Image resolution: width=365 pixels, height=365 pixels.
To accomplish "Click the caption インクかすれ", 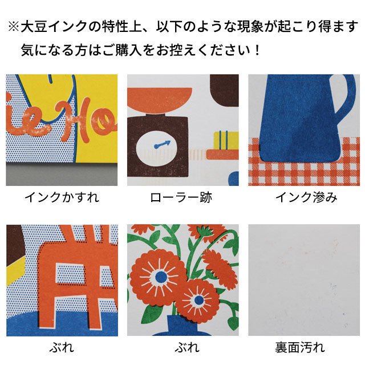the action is coord(62,198).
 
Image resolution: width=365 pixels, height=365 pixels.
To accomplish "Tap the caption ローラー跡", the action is coord(181,198).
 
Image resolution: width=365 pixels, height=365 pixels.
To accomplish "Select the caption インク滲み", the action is coord(306,198).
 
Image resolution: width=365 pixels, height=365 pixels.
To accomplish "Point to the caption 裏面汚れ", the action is coord(300,347).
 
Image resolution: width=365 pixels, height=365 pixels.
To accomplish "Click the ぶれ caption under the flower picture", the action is coord(187,347).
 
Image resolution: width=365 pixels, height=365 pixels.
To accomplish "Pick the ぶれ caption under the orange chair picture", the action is coord(62,347).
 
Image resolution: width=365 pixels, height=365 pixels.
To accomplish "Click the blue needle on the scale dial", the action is coord(162,144).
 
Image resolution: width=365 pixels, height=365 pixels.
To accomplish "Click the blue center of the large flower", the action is coord(161,277).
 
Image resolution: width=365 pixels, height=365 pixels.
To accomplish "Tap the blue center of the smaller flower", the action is coord(199,301).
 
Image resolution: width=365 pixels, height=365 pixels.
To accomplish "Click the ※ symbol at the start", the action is coord(14,26).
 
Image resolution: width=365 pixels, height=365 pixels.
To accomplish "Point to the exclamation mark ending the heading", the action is coord(257,50).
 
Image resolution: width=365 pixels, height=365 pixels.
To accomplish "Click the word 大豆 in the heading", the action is coord(34,26).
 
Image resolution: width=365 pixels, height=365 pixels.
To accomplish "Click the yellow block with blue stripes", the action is coord(226,140).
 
